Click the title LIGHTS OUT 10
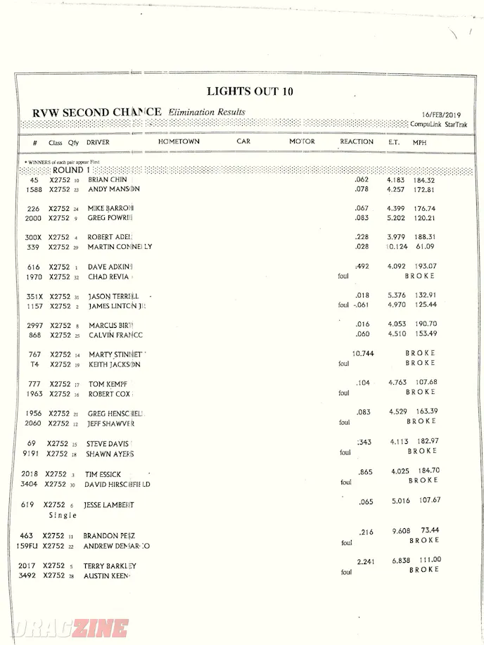point(250,91)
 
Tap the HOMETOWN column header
point(179,142)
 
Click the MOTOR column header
point(302,142)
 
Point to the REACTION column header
point(357,142)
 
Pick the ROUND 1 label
point(71,170)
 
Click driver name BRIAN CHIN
point(108,181)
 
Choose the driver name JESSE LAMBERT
point(108,505)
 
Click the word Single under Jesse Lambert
point(63,515)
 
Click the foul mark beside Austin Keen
point(345,573)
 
